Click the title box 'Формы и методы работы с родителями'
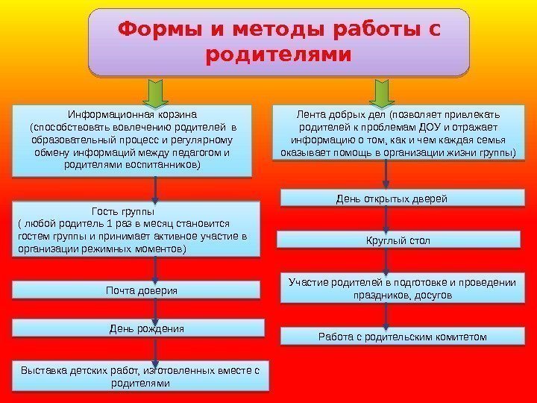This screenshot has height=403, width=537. [x=279, y=43]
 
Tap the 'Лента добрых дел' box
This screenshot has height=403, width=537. [x=398, y=134]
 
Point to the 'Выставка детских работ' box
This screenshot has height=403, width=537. [x=140, y=376]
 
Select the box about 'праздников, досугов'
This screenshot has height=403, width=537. [x=402, y=288]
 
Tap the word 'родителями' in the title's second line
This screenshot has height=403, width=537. [x=279, y=56]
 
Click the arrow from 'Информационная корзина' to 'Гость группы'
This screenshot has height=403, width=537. [x=155, y=189]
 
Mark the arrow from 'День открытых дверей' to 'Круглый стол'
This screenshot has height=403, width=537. [x=386, y=219]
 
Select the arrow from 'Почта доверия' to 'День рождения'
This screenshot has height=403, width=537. [x=155, y=309]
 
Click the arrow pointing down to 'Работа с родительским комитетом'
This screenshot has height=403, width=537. [x=386, y=316]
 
